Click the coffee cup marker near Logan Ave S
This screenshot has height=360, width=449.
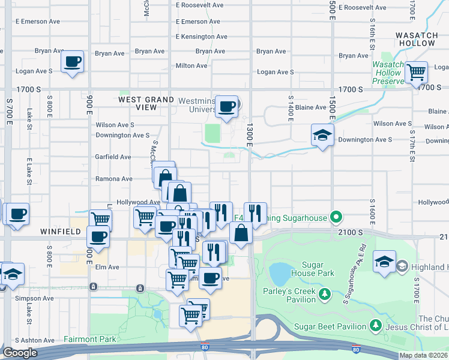tap(72, 62)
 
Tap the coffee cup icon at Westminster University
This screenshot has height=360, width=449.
tap(227, 107)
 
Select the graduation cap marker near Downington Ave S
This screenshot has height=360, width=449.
tap(322, 135)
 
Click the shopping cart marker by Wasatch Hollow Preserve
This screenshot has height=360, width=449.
tap(416, 73)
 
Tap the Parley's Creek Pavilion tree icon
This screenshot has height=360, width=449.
tap(325, 294)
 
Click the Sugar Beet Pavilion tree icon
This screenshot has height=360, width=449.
tap(376, 326)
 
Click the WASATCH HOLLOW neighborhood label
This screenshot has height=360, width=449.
tap(420, 40)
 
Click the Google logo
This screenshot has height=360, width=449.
tap(20, 353)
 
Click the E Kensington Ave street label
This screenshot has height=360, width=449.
tap(202, 37)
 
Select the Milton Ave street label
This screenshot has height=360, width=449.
tap(191, 66)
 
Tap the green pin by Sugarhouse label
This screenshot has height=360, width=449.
tap(336, 217)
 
